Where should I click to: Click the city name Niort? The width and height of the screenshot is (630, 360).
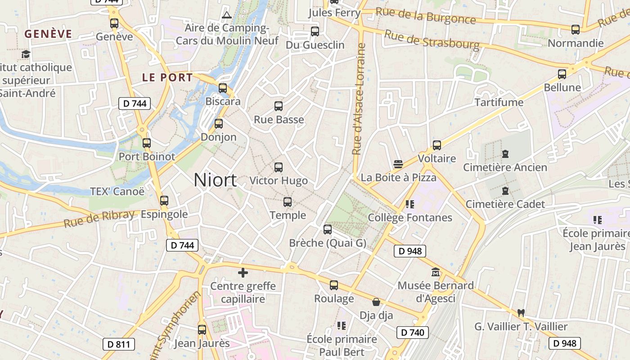pyautogui.click(x=215, y=180)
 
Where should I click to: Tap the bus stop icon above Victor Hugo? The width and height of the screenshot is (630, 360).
pyautogui.click(x=279, y=167)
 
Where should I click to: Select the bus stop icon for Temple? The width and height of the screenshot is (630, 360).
pyautogui.click(x=288, y=202)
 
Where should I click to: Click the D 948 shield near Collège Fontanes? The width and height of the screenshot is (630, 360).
pyautogui.click(x=410, y=251)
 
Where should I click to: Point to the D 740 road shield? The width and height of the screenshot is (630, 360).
pyautogui.click(x=412, y=333)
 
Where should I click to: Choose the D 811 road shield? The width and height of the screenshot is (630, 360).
pyautogui.click(x=119, y=345)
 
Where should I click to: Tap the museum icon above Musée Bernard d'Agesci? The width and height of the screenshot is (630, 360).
pyautogui.click(x=436, y=272)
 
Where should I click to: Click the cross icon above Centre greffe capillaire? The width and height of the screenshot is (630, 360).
pyautogui.click(x=243, y=273)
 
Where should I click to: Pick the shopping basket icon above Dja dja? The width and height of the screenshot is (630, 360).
pyautogui.click(x=376, y=302)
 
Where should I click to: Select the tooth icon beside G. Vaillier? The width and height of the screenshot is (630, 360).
pyautogui.click(x=521, y=313)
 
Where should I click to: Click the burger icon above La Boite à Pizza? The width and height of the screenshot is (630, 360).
pyautogui.click(x=398, y=164)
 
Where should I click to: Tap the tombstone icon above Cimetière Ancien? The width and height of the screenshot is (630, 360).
pyautogui.click(x=505, y=154)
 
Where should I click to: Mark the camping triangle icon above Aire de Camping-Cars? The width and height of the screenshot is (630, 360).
pyautogui.click(x=227, y=15)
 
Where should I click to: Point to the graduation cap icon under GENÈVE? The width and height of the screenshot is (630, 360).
pyautogui.click(x=26, y=54)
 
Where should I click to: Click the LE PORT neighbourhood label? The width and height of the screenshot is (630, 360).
pyautogui.click(x=167, y=77)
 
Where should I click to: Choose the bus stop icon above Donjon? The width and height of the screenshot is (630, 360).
pyautogui.click(x=219, y=123)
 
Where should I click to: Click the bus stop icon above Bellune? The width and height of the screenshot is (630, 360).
pyautogui.click(x=562, y=74)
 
